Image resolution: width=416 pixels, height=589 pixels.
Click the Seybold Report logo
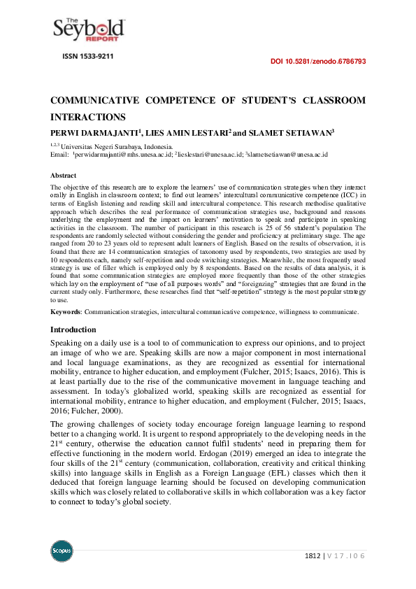[89, 29]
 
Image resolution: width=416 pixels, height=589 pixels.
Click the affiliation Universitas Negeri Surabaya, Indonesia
[115, 146]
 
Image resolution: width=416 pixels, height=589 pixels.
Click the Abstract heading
[64, 175]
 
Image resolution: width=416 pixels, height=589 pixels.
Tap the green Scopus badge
[62, 551]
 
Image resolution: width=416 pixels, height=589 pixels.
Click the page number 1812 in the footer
[313, 556]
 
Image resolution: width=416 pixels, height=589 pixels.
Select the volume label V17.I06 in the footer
[347, 556]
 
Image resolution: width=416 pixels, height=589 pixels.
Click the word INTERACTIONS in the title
[87, 117]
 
